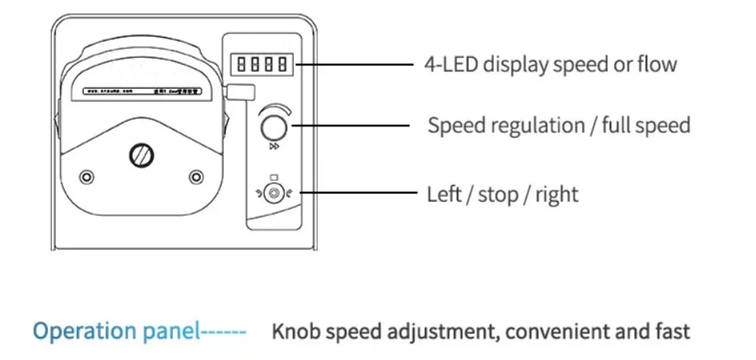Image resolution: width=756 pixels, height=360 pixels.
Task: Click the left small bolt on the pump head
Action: coord(86,175)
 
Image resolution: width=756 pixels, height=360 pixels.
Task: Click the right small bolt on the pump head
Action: coord(196,175)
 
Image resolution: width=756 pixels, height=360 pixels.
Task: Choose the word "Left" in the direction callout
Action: coord(444,194)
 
